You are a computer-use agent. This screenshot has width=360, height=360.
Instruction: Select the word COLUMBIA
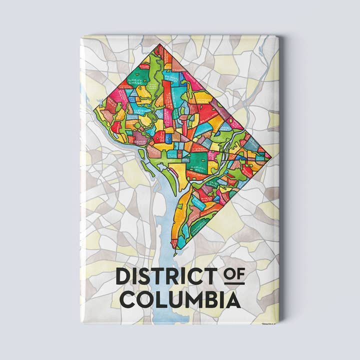pyautogui.click(x=180, y=301)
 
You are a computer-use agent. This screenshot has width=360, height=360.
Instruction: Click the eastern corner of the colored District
pyautogui.click(x=271, y=156)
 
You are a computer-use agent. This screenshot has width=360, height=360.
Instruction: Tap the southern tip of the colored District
pyautogui.click(x=174, y=248)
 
